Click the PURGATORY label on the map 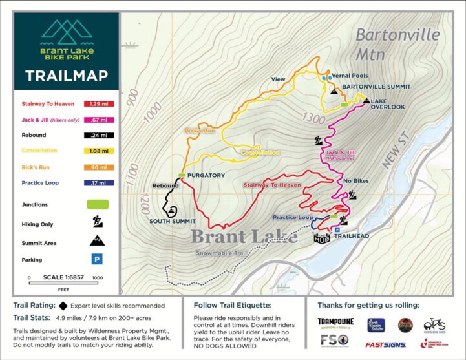click(x=206, y=175)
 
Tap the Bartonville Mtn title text click(x=397, y=42)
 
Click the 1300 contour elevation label click(x=312, y=118)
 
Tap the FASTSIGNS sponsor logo click(x=385, y=344)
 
